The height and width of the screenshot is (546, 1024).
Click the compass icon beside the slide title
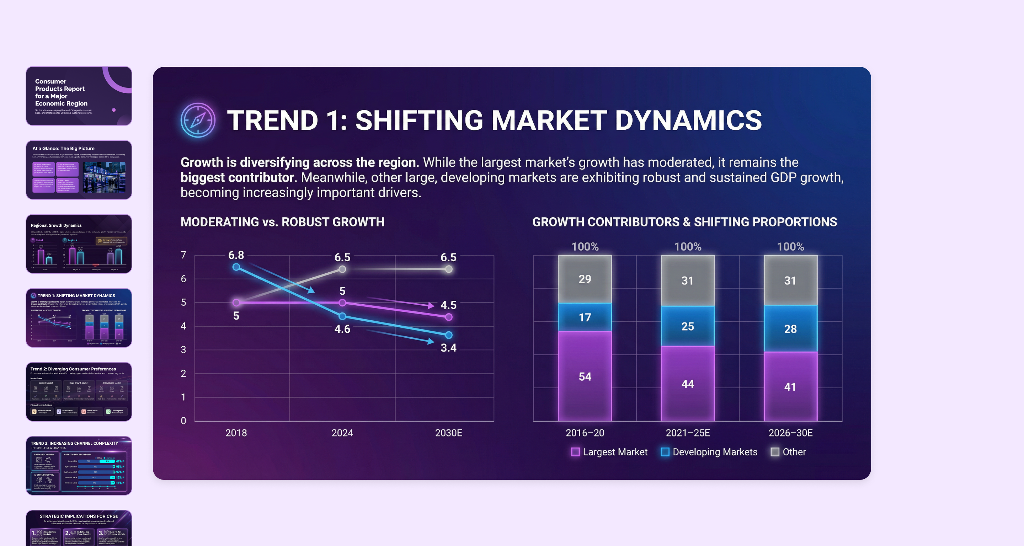tap(198, 120)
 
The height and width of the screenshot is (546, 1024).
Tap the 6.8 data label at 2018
tap(236, 255)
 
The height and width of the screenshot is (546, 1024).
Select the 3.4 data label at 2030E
tap(448, 348)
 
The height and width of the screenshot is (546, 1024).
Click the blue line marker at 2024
tap(342, 316)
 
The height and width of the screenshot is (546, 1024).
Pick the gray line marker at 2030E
tap(448, 269)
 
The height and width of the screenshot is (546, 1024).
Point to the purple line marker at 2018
tap(236, 303)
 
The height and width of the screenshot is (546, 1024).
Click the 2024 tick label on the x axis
tap(342, 433)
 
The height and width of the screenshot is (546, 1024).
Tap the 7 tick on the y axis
tap(183, 255)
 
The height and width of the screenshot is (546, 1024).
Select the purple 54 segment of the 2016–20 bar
tap(585, 376)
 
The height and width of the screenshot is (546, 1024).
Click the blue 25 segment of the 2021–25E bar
tap(688, 326)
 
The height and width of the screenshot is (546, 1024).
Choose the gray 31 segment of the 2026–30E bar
tap(790, 280)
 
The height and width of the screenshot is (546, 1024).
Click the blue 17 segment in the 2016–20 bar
tap(585, 317)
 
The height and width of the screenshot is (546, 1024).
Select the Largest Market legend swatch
tap(575, 452)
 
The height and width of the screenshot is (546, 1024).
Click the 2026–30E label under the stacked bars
tap(790, 433)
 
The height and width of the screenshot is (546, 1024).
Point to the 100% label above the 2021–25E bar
tap(688, 247)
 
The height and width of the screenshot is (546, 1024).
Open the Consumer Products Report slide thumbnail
tap(79, 96)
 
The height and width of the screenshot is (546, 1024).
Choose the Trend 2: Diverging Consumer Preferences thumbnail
tap(79, 391)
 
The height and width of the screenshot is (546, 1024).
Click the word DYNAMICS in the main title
tap(688, 120)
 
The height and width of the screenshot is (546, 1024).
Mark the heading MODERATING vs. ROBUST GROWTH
tap(282, 222)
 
